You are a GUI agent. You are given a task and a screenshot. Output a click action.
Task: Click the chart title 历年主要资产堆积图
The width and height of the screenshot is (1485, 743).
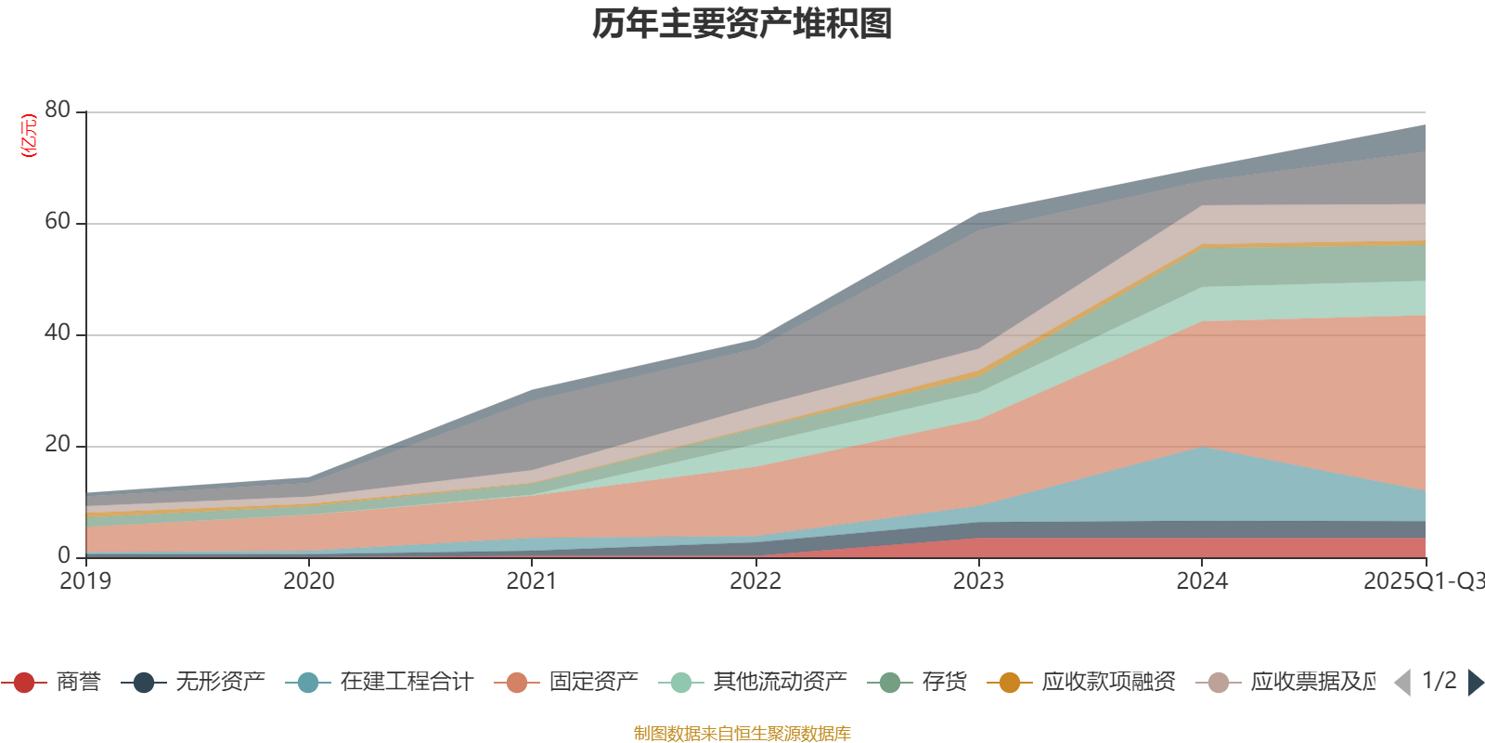(742, 24)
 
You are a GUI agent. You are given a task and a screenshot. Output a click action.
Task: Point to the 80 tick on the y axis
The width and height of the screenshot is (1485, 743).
(58, 110)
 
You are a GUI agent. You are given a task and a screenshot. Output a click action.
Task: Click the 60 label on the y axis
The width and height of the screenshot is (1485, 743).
(58, 221)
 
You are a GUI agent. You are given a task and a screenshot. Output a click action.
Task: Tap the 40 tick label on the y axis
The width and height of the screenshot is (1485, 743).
(58, 332)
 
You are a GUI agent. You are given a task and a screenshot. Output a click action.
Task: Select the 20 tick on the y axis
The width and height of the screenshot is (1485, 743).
(58, 444)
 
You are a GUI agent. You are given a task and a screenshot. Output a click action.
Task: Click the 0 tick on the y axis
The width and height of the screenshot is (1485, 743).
(64, 555)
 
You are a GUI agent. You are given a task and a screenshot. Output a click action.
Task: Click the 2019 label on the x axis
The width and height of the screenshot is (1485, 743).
(85, 581)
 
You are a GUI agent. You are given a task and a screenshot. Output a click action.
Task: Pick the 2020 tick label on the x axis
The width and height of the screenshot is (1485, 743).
(309, 581)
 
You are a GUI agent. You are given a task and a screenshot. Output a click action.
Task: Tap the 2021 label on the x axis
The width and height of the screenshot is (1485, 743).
(532, 581)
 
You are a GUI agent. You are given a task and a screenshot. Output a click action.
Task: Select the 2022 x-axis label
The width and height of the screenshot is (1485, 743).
(755, 581)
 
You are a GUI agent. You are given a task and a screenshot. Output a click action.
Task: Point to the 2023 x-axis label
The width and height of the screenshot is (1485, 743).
(978, 581)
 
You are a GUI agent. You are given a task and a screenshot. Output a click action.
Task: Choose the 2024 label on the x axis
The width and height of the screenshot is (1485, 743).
(1202, 581)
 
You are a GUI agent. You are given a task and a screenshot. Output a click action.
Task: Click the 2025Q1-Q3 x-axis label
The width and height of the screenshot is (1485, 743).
(1422, 581)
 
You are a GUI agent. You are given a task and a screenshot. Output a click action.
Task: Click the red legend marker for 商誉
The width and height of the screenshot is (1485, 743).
(24, 683)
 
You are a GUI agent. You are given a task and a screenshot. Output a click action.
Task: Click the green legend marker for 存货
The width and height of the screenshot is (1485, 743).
(890, 683)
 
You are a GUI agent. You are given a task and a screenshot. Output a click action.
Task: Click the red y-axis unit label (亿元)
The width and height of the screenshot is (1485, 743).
(29, 136)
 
